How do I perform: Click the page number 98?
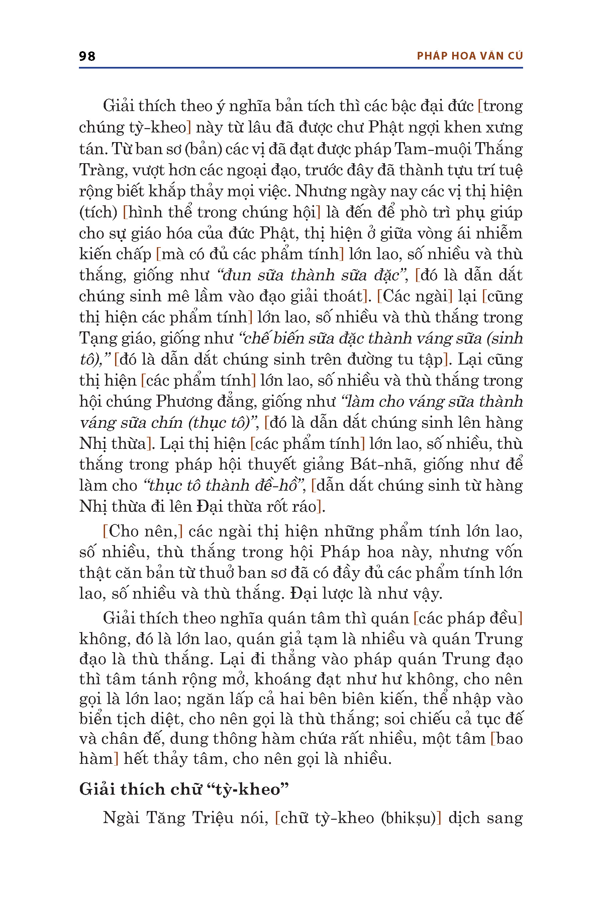coord(87,56)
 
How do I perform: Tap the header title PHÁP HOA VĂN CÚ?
coord(470,56)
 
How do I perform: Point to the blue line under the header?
coord(301,68)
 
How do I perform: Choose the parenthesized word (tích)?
coord(98,212)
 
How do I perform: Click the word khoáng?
coord(282,679)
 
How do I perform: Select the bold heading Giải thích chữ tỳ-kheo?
coord(184,789)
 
